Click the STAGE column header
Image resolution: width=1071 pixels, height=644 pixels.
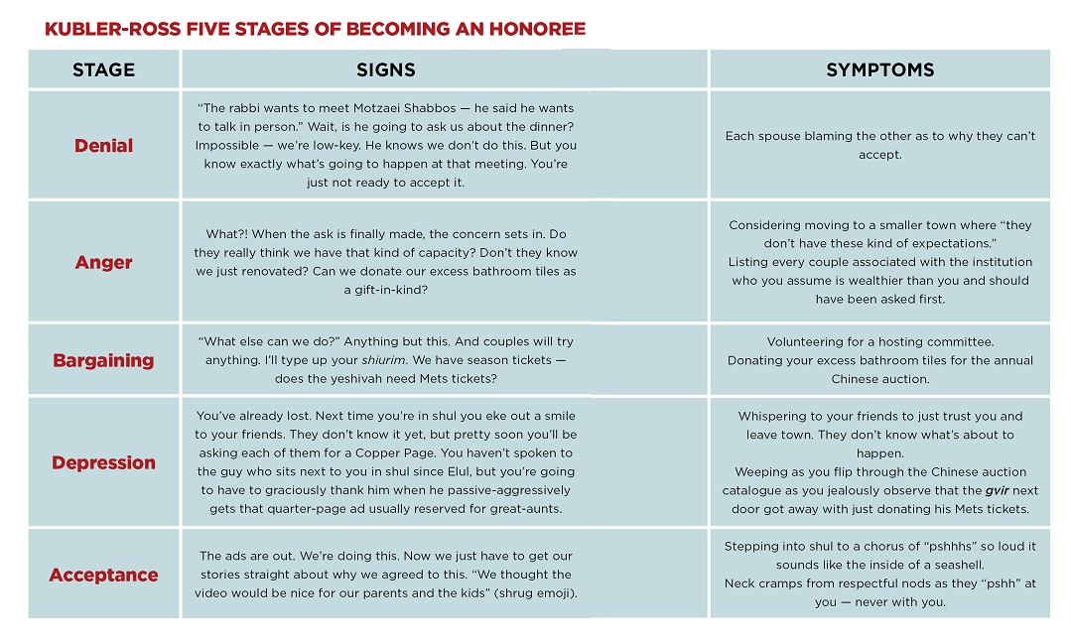pos(103,69)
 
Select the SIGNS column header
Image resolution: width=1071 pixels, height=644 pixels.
pos(386,69)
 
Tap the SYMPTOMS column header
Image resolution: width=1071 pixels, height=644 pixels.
pos(879,69)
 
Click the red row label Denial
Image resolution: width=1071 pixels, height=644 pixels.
pos(103,146)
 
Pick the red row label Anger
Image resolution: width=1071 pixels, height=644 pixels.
pos(103,263)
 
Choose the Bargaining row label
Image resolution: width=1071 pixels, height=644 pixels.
pos(103,360)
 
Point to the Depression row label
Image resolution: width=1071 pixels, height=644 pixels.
pos(103,462)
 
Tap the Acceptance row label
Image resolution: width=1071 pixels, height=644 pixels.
pos(103,576)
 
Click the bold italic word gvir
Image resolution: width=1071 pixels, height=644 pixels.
pos(997,490)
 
